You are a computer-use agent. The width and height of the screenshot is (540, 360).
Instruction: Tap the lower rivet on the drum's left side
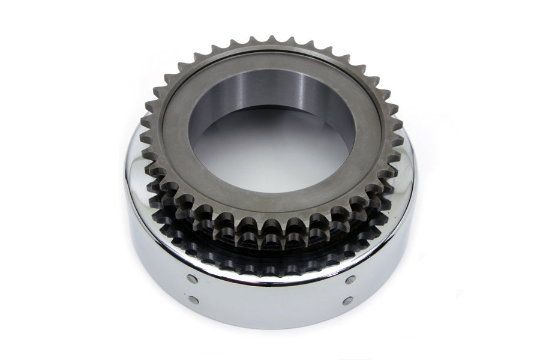pyautogui.click(x=193, y=299)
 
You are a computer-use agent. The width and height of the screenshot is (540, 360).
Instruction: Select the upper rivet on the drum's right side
pyautogui.click(x=350, y=280)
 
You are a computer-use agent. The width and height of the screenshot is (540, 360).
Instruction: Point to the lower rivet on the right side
pyautogui.click(x=347, y=300)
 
